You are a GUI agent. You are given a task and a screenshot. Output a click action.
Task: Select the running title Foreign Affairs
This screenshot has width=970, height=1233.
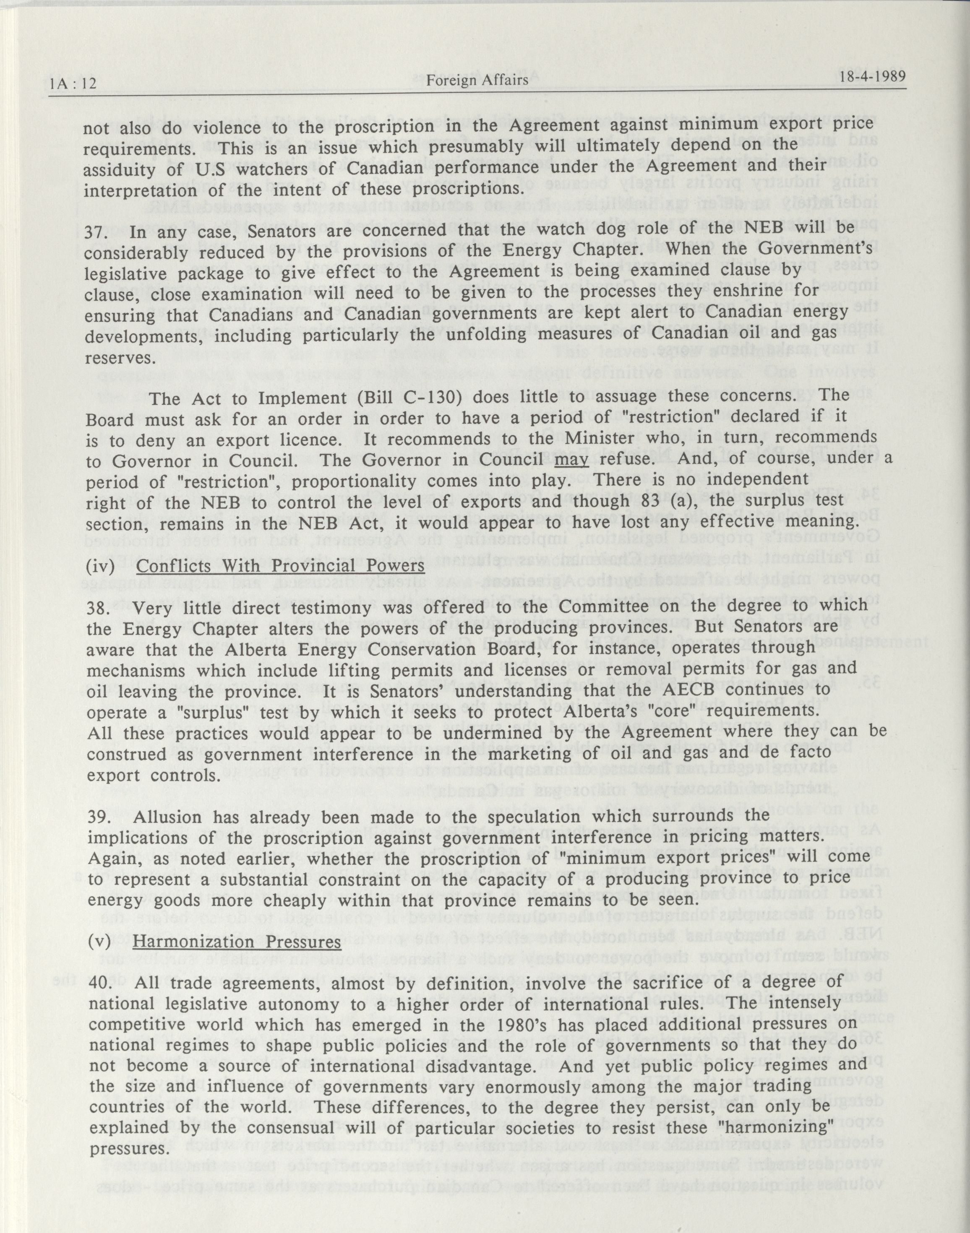pos(477,80)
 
